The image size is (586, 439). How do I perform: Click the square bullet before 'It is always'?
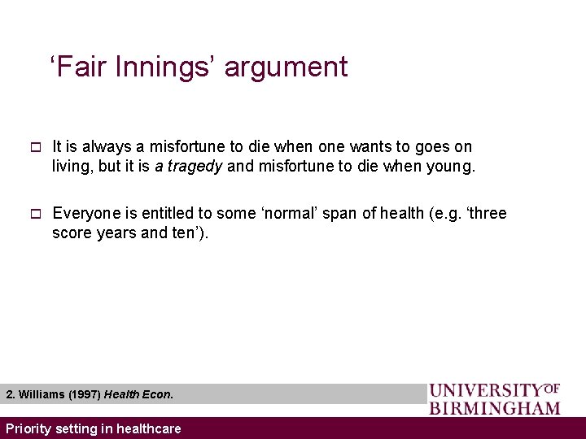coord(34,147)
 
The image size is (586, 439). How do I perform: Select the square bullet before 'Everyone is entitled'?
coord(34,214)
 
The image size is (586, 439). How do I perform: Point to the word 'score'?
coord(72,234)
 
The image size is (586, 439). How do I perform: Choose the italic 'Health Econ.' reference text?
coord(138,394)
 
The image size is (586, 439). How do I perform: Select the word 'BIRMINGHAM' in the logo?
coord(495,407)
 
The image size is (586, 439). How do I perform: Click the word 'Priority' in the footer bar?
coord(28,428)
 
